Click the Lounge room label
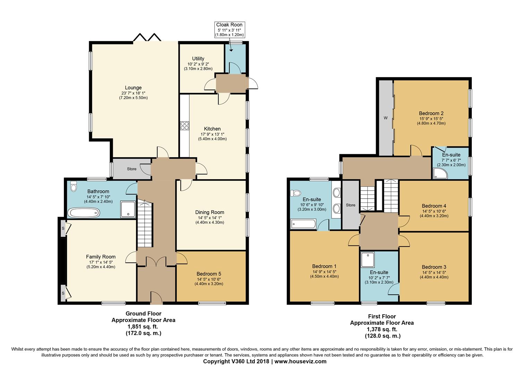pos(133,87)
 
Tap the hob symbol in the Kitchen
pos(185,126)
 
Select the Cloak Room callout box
pos(229,30)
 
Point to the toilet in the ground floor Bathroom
pos(74,186)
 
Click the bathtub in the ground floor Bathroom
pos(84,213)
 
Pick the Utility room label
pos(198,59)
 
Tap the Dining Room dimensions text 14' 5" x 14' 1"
pos(210,218)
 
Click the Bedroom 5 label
pos(209,274)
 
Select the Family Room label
pos(101,257)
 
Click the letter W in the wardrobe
pos(386,118)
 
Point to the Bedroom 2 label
pos(431,113)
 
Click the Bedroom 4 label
pos(434,206)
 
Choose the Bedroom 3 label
pos(434,267)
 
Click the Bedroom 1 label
pos(324,266)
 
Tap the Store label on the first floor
pos(350,205)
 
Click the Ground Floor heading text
pos(143,314)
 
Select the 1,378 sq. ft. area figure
pos(382,329)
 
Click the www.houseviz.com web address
pos(300,361)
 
